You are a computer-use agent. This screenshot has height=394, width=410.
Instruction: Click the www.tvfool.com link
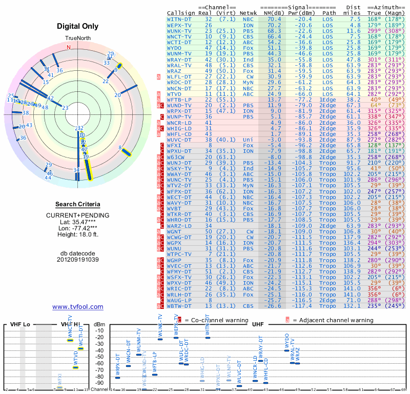coord(78,307)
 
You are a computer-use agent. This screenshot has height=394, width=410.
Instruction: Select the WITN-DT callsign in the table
coord(179,19)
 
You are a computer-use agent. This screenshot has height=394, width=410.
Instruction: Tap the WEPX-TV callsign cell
coord(179,25)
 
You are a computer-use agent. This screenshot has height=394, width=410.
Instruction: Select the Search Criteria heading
coord(78,204)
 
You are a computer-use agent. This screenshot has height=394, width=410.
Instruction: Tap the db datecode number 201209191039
coord(78,260)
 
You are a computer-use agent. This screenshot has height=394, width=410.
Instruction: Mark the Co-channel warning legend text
coord(211,320)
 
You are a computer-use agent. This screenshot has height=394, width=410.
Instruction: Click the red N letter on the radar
coord(68,47)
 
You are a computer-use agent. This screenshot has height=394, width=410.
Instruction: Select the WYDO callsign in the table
coord(176,47)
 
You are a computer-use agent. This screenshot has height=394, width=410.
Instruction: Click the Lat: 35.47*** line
coord(78,222)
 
